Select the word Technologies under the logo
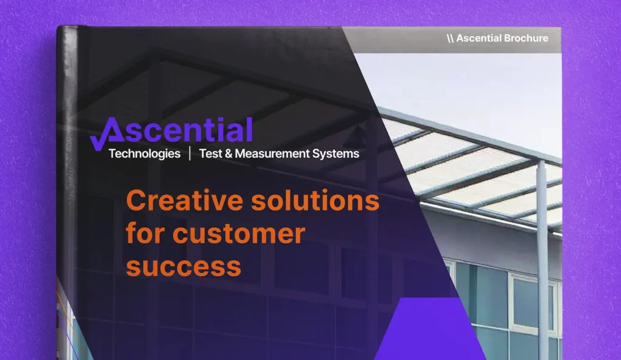click(144, 154)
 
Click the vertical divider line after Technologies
click(190, 154)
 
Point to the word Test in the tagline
click(211, 154)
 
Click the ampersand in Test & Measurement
click(229, 154)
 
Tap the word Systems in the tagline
click(336, 154)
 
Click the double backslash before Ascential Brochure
click(450, 38)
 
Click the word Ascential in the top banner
click(478, 38)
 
